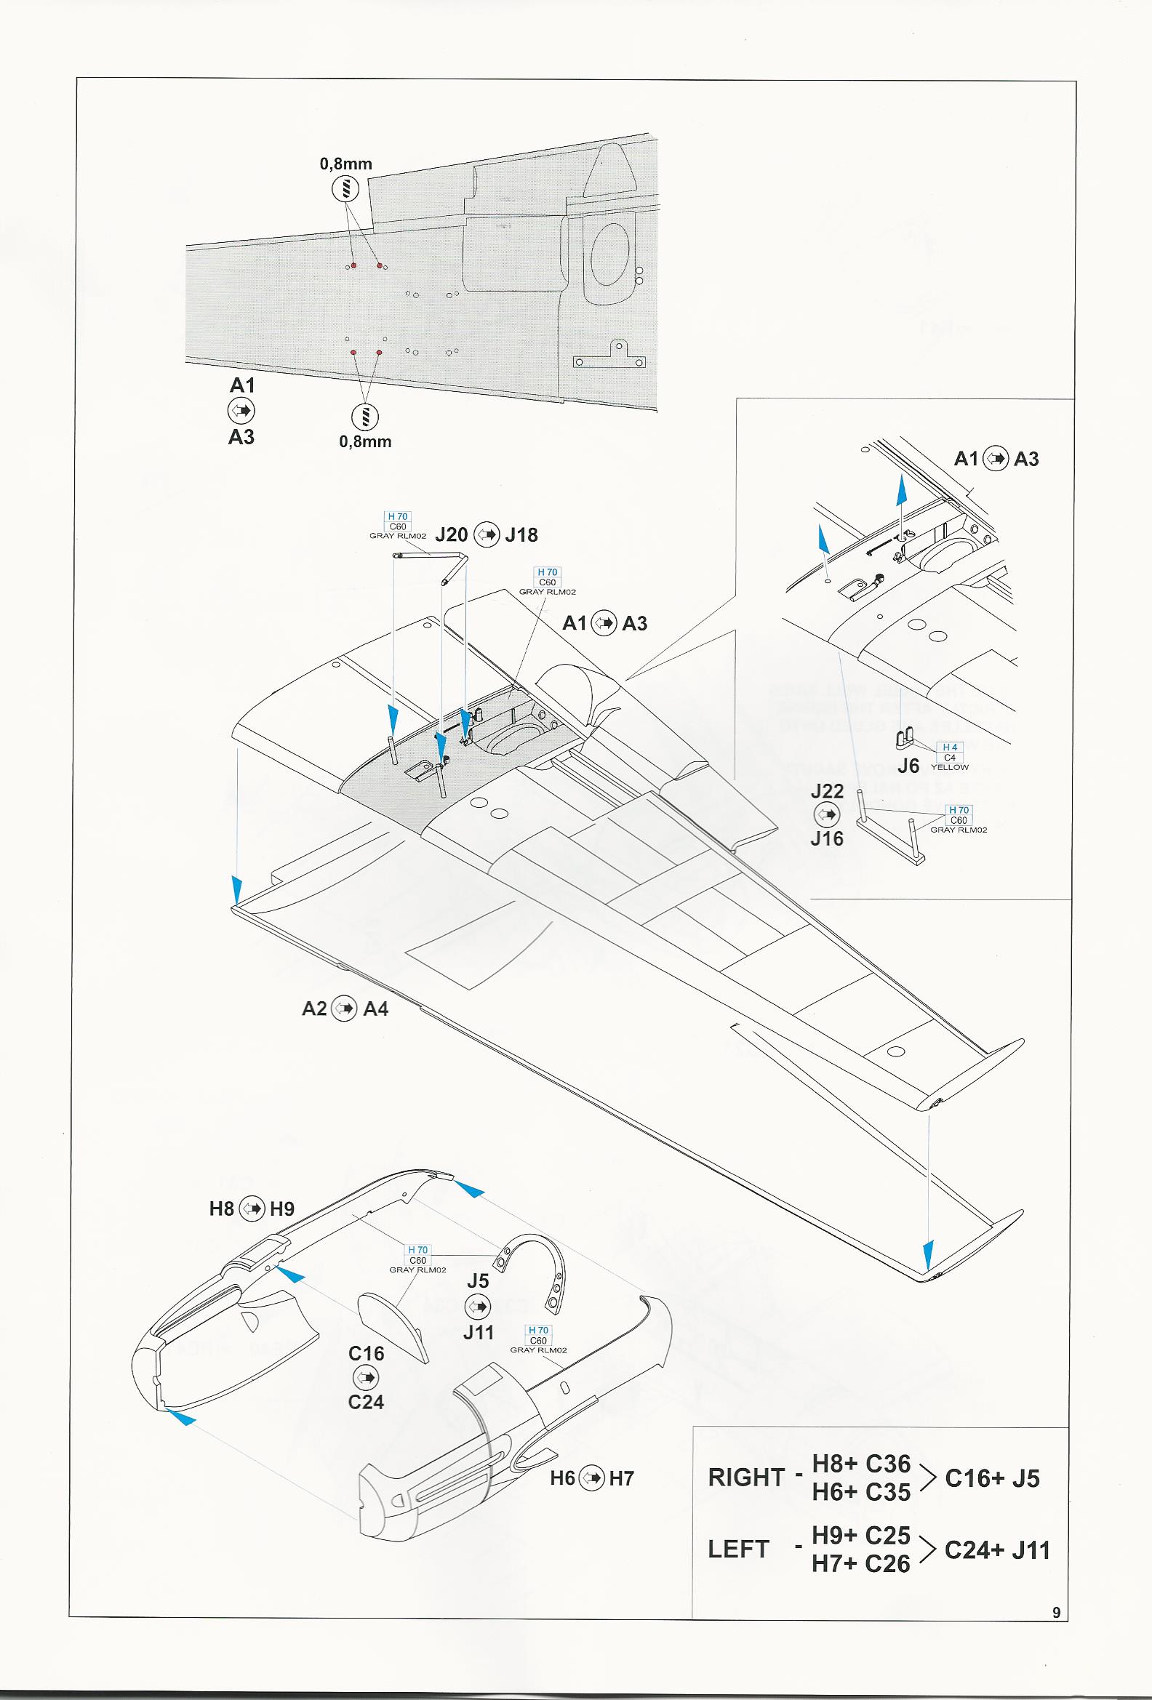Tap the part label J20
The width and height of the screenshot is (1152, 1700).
(452, 534)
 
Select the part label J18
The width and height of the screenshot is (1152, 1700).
(521, 534)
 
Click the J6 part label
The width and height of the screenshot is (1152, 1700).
(908, 766)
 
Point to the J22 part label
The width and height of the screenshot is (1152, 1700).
(826, 791)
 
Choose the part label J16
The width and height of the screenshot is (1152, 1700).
(826, 838)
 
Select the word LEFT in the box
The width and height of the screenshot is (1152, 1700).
(738, 1549)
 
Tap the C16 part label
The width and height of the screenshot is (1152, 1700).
(366, 1353)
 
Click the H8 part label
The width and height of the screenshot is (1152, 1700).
(222, 1208)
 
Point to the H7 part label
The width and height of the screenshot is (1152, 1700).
(621, 1478)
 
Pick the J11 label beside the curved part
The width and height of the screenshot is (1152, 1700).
(479, 1332)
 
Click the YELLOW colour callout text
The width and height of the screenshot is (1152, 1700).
(949, 767)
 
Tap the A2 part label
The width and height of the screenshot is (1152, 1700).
(314, 1009)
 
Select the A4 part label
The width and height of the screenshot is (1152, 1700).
(375, 1009)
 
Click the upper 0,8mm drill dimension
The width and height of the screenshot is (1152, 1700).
(345, 164)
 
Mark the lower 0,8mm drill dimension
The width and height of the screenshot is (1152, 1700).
(365, 442)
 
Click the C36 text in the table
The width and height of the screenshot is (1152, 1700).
(887, 1464)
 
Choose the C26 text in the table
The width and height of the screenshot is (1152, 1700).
(887, 1563)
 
